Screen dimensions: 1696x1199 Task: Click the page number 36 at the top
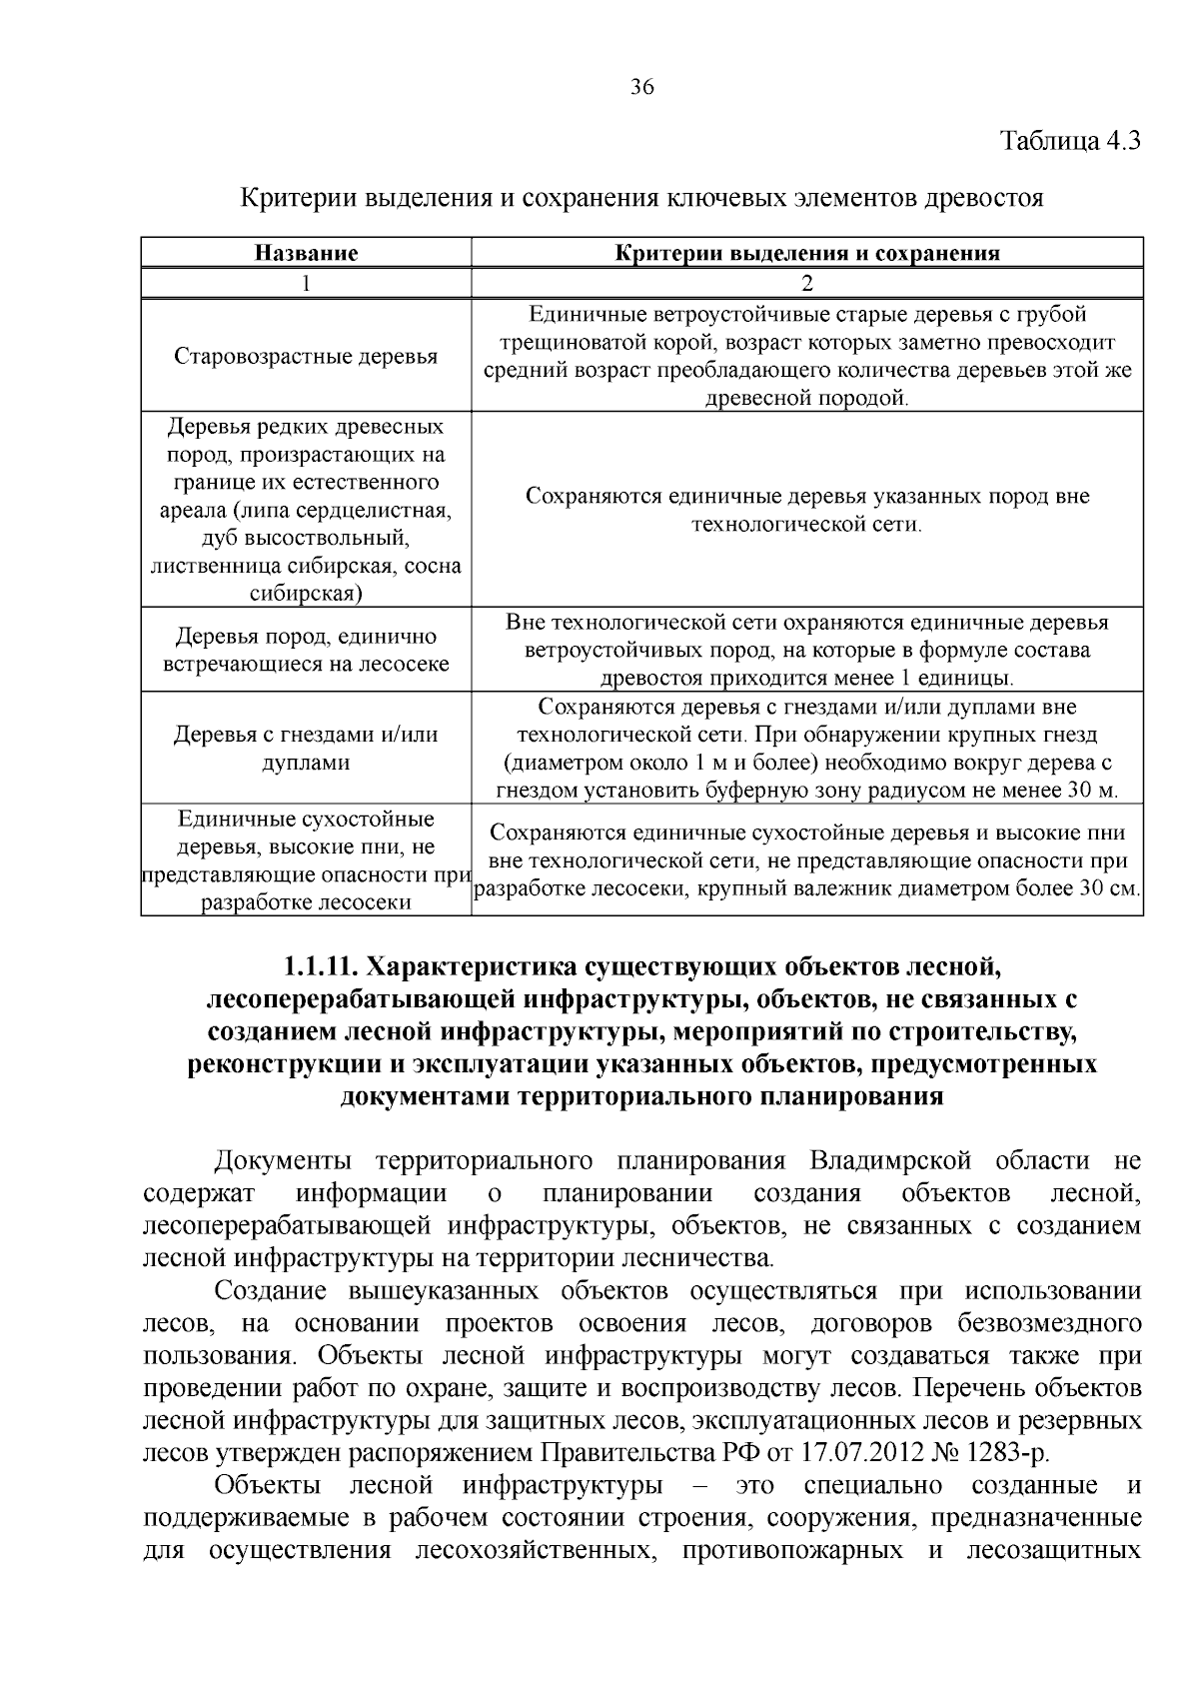(642, 87)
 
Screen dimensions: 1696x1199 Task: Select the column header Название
(306, 253)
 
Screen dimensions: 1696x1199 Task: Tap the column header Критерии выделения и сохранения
(807, 253)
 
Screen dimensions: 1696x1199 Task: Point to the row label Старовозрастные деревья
(306, 357)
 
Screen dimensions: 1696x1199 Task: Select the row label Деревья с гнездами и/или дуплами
(306, 748)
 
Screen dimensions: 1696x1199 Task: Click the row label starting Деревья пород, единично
(306, 650)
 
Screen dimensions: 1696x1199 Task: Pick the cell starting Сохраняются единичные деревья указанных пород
(807, 510)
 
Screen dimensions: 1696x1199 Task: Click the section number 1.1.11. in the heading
(322, 966)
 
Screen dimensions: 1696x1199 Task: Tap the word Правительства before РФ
(633, 1452)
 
